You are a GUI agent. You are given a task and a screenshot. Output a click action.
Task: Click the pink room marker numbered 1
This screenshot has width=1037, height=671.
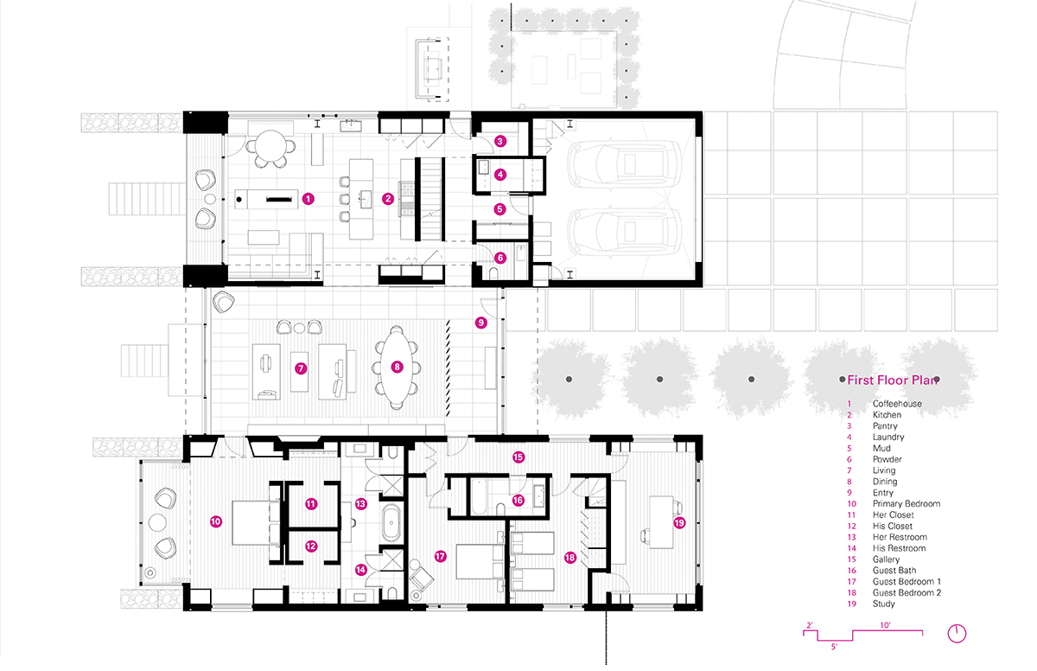[x=309, y=199]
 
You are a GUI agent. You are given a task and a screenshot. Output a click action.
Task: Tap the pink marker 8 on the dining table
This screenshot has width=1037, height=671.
[x=397, y=367]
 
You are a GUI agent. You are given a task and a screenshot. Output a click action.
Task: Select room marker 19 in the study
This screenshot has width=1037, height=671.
[x=679, y=523]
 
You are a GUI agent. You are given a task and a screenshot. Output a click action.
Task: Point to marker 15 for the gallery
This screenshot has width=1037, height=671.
[x=518, y=457]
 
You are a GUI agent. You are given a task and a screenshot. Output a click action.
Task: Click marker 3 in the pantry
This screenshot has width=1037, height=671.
[x=500, y=141]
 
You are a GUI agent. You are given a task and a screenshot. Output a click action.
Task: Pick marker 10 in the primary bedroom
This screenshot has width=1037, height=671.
[x=216, y=522]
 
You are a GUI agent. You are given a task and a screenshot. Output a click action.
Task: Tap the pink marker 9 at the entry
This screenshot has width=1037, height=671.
[x=481, y=323]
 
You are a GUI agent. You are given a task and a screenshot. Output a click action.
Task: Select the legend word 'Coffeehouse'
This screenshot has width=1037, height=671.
[x=897, y=404]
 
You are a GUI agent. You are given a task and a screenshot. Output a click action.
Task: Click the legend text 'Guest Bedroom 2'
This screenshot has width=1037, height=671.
[x=907, y=592]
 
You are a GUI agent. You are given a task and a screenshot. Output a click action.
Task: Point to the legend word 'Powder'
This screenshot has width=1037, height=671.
[x=887, y=459]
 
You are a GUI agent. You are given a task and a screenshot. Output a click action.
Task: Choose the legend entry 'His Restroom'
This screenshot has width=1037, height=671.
[x=899, y=548]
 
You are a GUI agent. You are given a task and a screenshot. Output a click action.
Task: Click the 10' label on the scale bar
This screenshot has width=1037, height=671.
[x=885, y=625]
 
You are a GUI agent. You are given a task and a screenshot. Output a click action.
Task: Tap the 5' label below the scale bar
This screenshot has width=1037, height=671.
[x=834, y=647]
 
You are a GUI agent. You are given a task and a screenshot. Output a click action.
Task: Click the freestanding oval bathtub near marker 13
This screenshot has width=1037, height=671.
[x=391, y=523]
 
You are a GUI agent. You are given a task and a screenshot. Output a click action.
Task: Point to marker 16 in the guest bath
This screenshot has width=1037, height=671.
[x=518, y=500]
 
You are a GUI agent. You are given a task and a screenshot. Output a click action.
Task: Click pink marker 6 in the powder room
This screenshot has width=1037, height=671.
[x=500, y=258]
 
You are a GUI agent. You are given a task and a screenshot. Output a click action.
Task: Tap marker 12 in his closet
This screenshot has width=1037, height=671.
[x=311, y=546]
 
